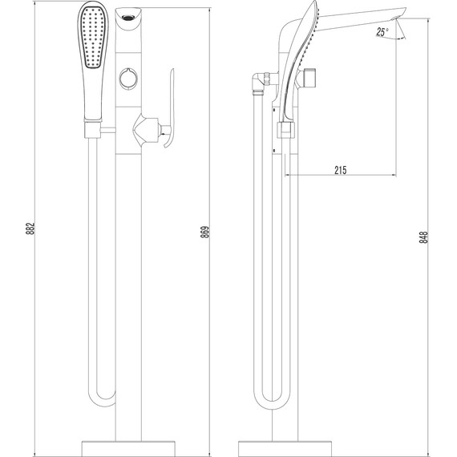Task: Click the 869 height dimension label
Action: [205, 232]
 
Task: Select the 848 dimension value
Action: [424, 237]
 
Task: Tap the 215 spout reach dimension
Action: [341, 170]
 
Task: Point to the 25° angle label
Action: [382, 31]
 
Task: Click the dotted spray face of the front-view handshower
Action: [93, 37]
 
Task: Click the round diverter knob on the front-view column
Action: [128, 78]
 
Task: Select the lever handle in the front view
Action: [169, 108]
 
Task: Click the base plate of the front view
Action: [128, 449]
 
